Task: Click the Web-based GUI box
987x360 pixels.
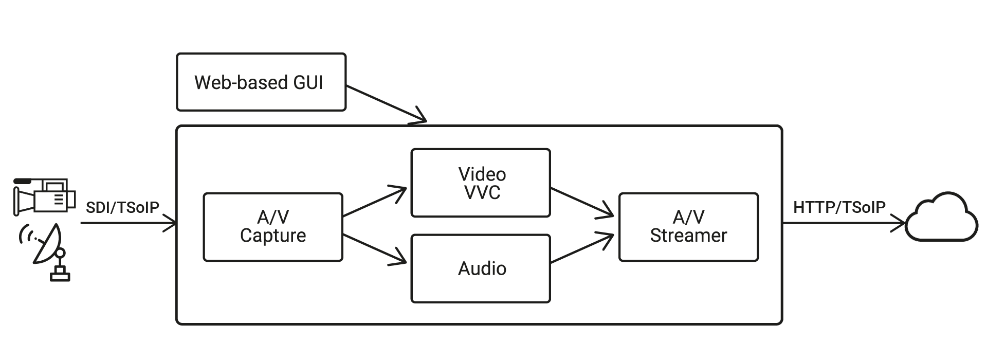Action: pyautogui.click(x=261, y=82)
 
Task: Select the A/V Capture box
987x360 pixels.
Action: pyautogui.click(x=273, y=227)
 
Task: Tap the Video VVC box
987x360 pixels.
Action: pyautogui.click(x=481, y=183)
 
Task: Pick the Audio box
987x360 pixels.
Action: pyautogui.click(x=481, y=268)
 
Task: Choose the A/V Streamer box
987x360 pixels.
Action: pyautogui.click(x=688, y=227)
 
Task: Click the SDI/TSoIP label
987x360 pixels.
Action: pyautogui.click(x=122, y=207)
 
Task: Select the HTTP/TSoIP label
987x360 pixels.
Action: pyautogui.click(x=839, y=207)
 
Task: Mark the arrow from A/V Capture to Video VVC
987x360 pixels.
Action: pyautogui.click(x=374, y=202)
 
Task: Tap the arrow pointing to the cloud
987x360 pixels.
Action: pyautogui.click(x=843, y=224)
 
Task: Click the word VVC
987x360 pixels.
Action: pyautogui.click(x=482, y=192)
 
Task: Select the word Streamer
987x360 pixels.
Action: pyautogui.click(x=688, y=236)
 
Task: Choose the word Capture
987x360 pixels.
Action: pyautogui.click(x=273, y=236)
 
